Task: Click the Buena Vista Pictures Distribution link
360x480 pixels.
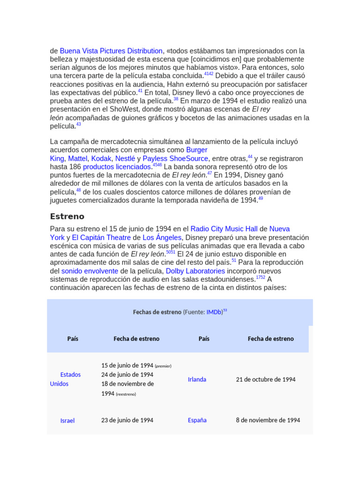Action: coord(111,51)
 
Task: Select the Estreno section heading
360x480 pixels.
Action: coord(67,216)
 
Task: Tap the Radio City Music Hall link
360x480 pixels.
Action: coord(224,229)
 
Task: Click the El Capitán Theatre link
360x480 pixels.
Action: coord(101,237)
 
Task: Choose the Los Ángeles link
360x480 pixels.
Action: coord(162,237)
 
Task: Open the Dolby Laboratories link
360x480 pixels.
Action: coord(195,271)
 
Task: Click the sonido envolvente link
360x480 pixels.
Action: coord(90,271)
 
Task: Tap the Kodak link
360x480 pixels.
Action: coord(101,158)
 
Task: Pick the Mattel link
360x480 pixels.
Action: coord(77,158)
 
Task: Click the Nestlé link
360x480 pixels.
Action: coord(125,158)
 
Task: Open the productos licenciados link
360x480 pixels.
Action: coord(118,167)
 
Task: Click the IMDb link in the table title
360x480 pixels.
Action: coord(214,312)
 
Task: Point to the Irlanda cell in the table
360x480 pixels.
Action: coord(197,379)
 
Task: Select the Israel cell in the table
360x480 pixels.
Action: coord(67,420)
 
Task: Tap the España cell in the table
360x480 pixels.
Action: coord(197,420)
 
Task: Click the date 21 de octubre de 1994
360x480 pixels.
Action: coord(266,379)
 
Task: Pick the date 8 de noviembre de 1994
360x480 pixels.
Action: coord(268,420)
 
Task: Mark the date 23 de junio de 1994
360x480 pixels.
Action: coord(127,420)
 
